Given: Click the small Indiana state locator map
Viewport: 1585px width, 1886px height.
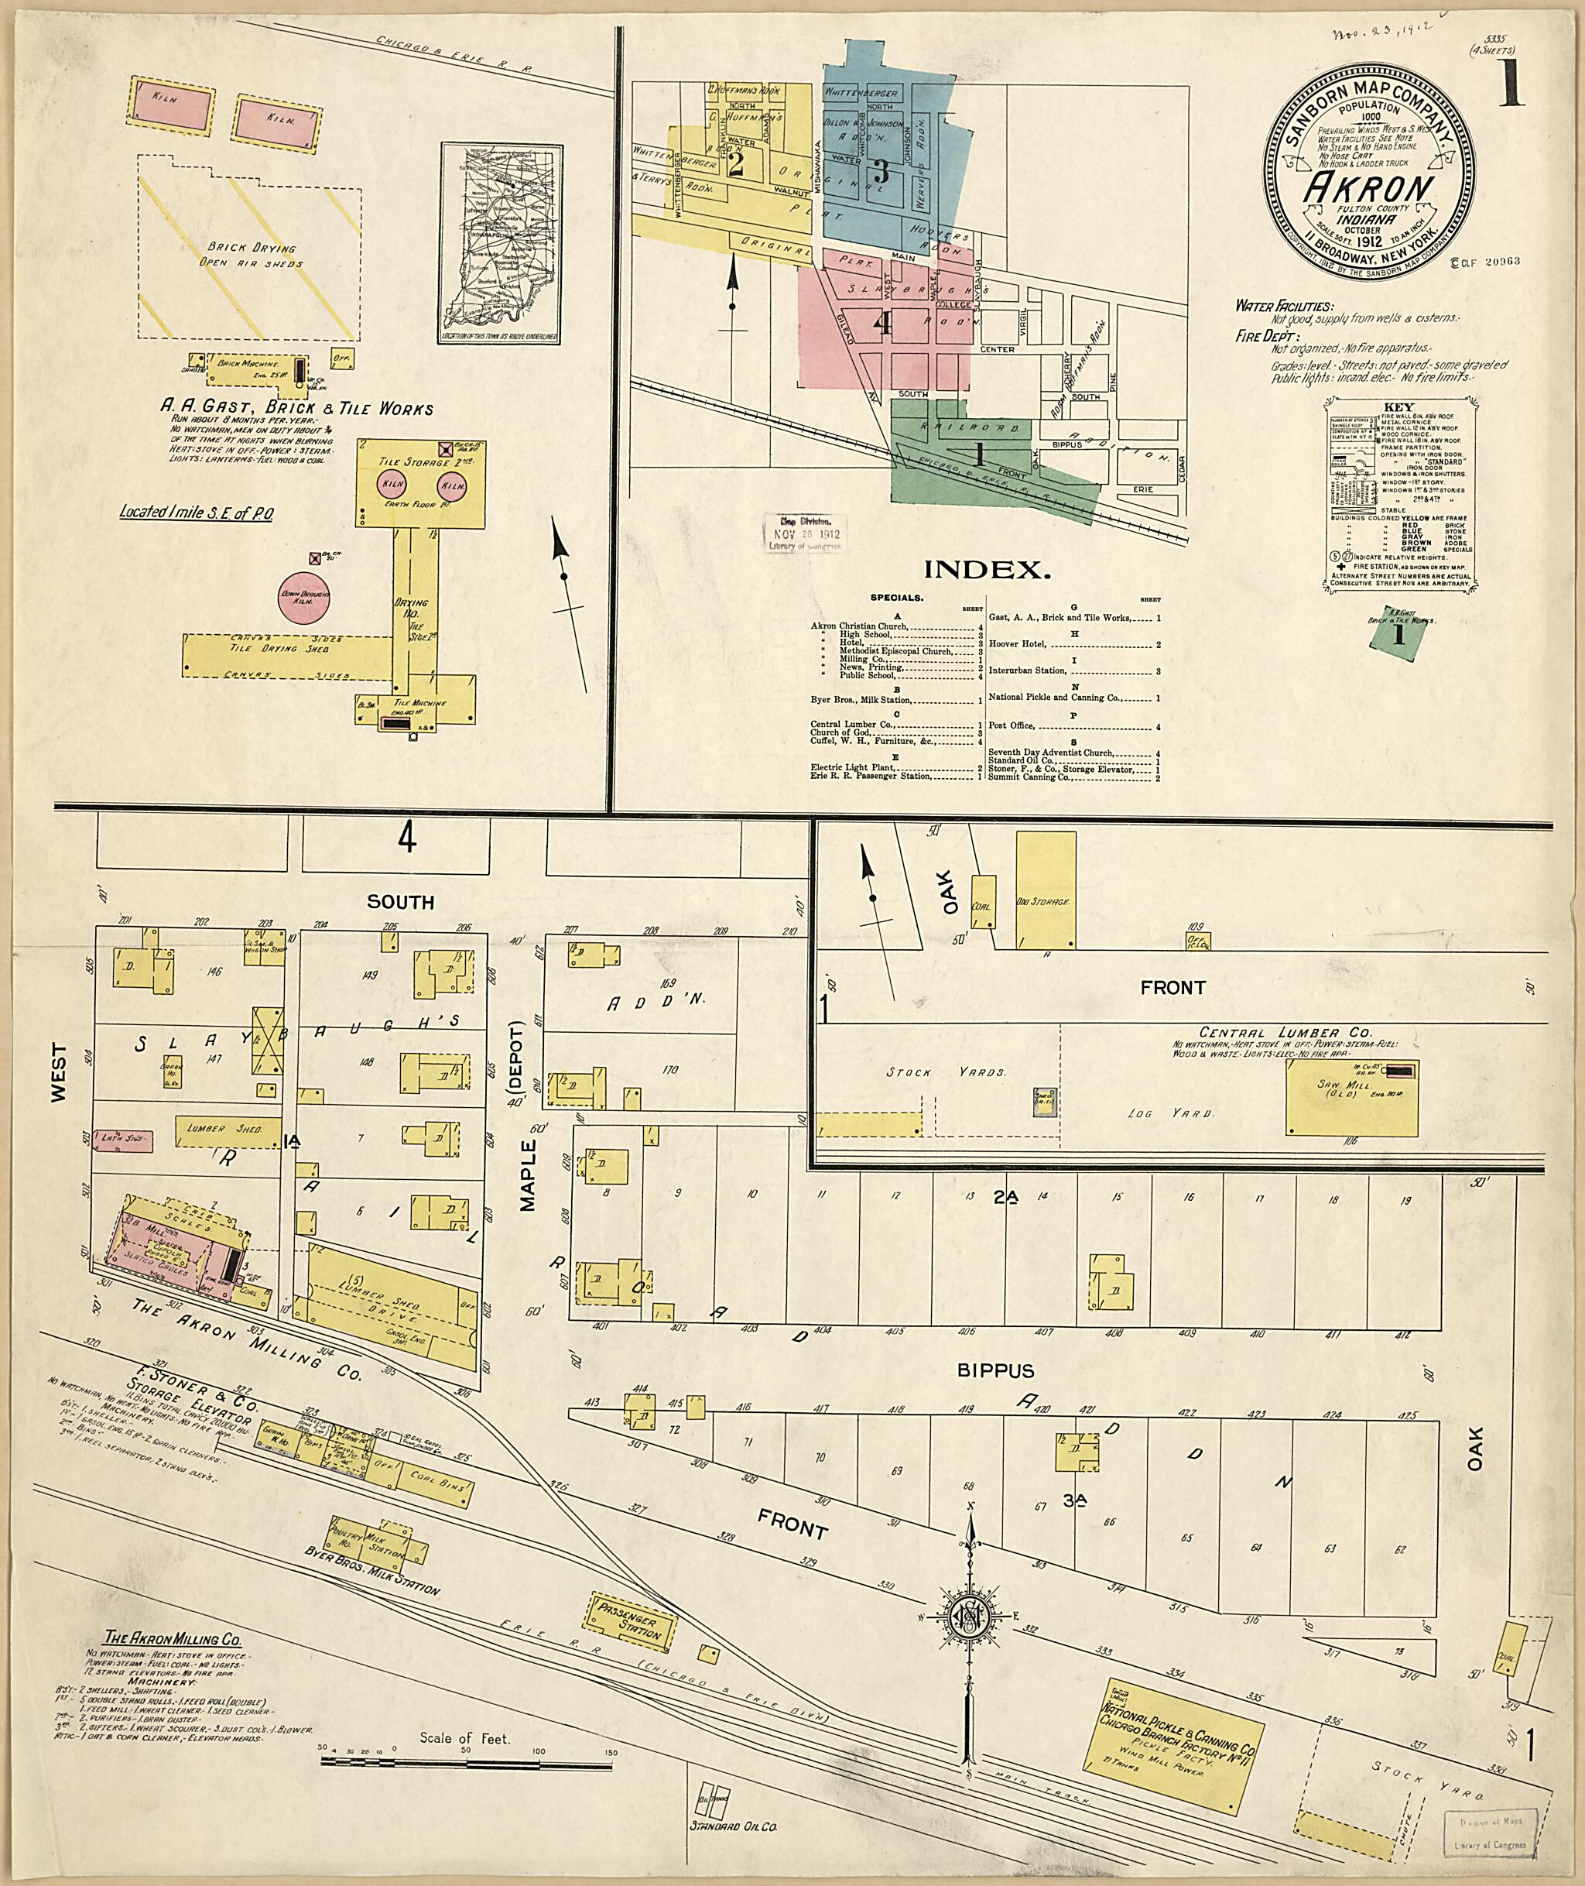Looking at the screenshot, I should click(x=501, y=244).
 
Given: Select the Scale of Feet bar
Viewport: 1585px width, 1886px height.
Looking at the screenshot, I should click(x=467, y=1763).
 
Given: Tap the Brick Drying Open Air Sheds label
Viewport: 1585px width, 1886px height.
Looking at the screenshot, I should click(x=251, y=255).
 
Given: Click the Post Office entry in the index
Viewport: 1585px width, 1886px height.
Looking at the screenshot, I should click(x=1012, y=725).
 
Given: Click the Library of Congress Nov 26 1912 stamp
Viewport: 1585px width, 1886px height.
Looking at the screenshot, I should click(x=803, y=535).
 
